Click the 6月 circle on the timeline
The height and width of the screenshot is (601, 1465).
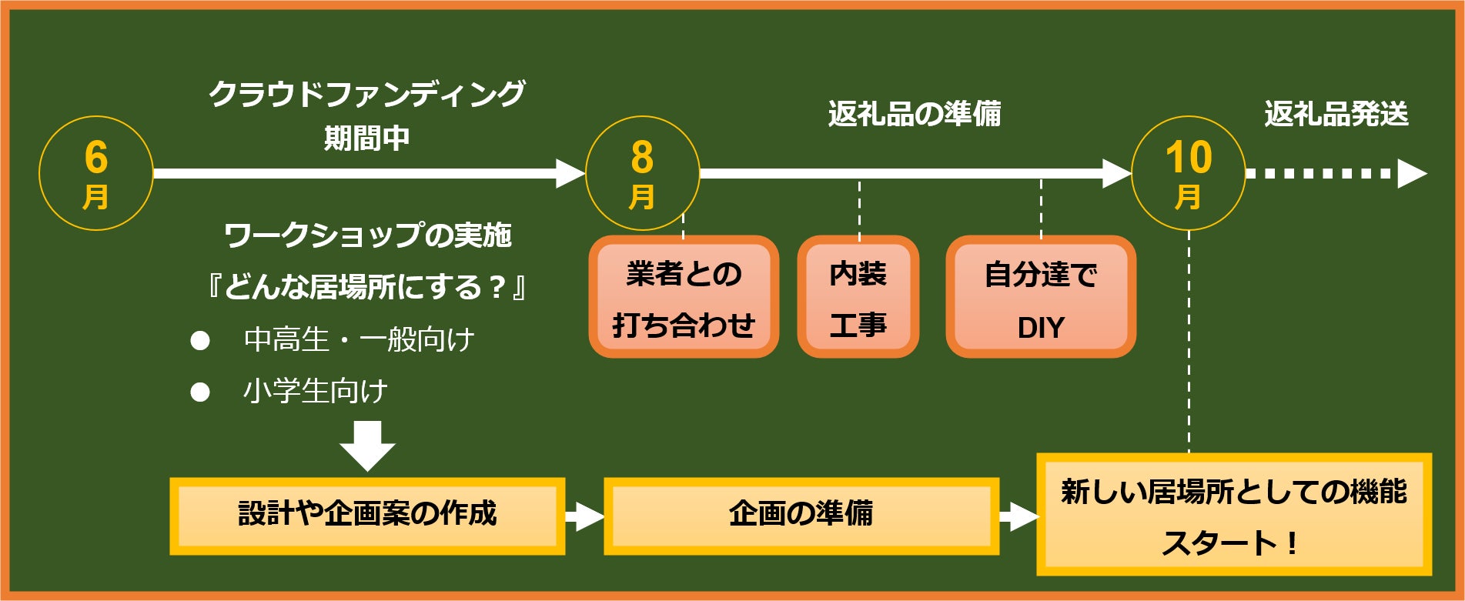96,173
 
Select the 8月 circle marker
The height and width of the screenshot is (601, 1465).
643,173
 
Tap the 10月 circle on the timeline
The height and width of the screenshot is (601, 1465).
1189,173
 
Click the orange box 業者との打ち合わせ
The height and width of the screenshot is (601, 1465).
684,297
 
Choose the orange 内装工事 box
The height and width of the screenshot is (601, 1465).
858,297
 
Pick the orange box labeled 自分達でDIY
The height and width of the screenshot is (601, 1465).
1041,297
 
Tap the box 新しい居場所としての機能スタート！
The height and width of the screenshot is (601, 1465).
1234,515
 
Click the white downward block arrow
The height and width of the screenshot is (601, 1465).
368,445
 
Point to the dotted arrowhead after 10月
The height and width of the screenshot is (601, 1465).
1412,173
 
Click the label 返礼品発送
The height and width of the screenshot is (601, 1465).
1336,115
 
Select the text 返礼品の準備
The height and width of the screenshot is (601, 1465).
915,115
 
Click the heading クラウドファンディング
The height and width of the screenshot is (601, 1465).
367,94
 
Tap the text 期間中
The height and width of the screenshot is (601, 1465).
367,139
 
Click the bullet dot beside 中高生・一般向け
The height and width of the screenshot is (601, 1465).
200,340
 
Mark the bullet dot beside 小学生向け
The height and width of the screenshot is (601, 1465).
200,392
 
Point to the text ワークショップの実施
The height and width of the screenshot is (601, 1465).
368,235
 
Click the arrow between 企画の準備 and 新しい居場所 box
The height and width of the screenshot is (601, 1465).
1018,516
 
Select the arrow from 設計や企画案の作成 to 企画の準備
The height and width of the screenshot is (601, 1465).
584,516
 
